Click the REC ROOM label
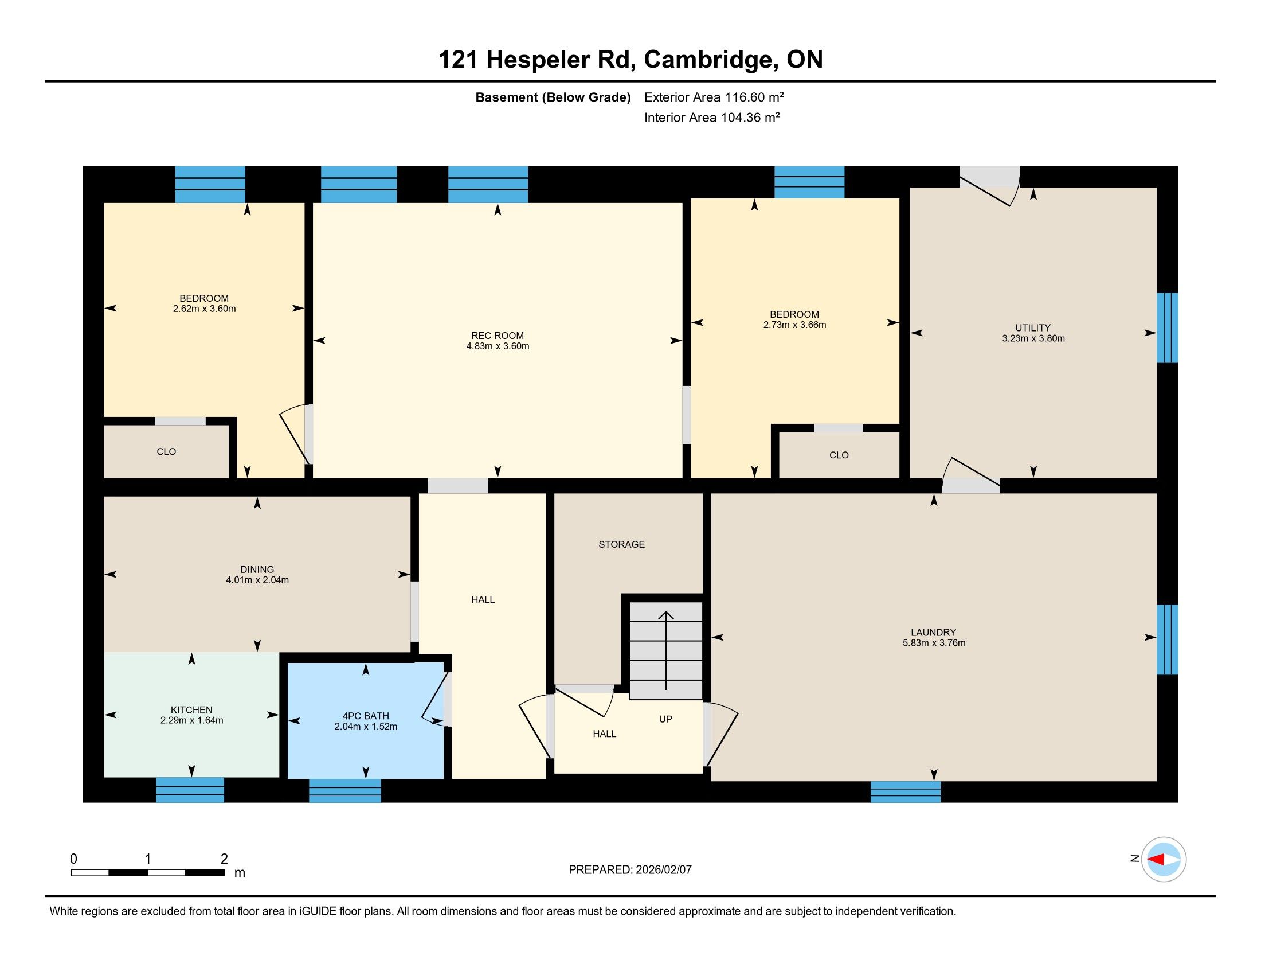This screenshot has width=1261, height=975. click(497, 336)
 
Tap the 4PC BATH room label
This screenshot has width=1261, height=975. click(366, 716)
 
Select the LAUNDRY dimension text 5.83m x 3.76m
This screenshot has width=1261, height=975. click(934, 643)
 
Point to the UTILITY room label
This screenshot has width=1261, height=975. click(1033, 327)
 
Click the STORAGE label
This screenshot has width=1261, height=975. click(621, 544)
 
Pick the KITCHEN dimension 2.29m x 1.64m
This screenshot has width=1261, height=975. click(191, 720)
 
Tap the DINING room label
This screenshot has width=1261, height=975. click(257, 570)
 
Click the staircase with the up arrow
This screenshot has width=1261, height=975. click(665, 650)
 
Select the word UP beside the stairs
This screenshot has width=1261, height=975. click(665, 719)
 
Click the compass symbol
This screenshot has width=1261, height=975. click(1164, 859)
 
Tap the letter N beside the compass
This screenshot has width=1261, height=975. click(1134, 859)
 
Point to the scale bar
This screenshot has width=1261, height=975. click(147, 872)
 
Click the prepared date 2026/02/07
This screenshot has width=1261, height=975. click(663, 870)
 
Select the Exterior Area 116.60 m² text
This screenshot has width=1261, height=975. click(714, 97)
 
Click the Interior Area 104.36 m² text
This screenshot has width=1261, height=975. click(712, 117)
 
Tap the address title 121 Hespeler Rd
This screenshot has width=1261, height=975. click(537, 60)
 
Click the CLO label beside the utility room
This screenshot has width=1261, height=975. click(839, 455)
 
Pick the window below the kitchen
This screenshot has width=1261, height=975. click(190, 790)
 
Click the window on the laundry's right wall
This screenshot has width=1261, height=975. click(1167, 639)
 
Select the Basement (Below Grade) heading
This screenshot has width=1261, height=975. click(553, 97)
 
